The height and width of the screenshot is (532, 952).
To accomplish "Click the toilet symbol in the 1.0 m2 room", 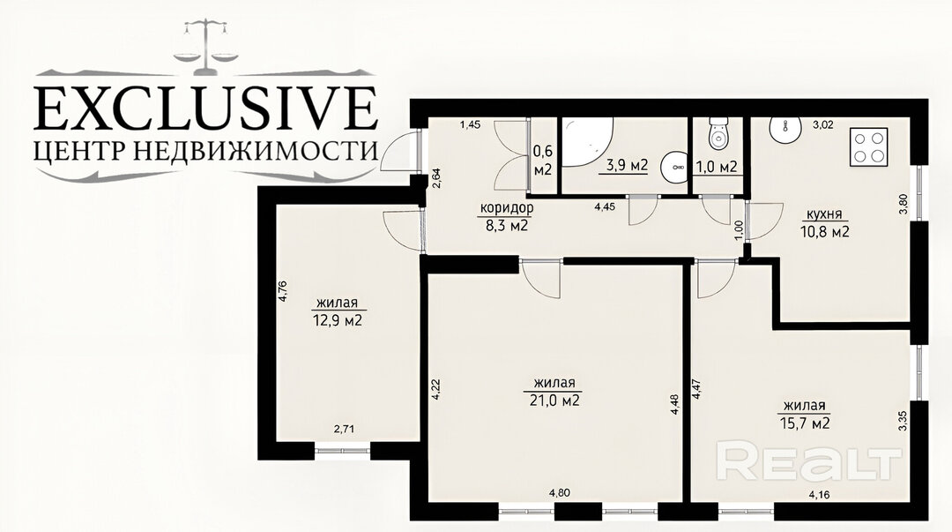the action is [x=719, y=134].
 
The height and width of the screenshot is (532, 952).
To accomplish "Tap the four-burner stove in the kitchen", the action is [x=868, y=147].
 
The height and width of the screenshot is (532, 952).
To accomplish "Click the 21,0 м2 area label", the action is [x=551, y=401].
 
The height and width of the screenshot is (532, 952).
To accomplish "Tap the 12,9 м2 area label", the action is [x=337, y=319].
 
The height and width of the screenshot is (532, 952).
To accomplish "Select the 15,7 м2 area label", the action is [x=805, y=423].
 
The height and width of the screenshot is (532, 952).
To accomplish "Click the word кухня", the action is [x=824, y=214].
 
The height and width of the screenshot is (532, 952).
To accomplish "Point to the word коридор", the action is [x=506, y=208].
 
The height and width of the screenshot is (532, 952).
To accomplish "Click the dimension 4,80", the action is [x=559, y=493].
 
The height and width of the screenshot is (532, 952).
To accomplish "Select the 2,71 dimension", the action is [x=345, y=429].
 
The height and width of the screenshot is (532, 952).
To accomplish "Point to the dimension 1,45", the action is [x=470, y=124].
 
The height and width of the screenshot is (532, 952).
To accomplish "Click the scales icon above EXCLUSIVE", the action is [x=205, y=46].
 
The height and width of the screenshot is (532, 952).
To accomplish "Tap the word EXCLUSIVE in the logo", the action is [x=205, y=109].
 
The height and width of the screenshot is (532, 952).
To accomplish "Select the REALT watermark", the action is [x=809, y=461].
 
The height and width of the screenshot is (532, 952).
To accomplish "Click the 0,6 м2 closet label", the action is [x=542, y=160].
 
